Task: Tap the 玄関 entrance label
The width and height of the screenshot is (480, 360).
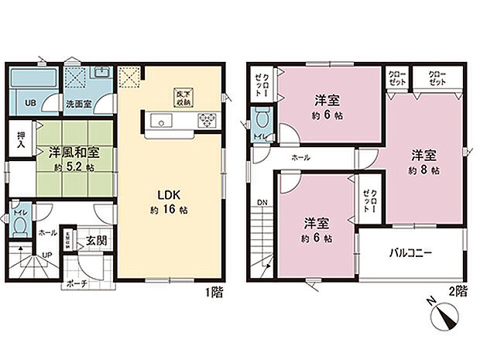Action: [x=96, y=240]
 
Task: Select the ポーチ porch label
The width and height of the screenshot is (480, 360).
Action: [x=77, y=283]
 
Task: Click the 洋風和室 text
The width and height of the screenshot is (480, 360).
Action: [x=74, y=152]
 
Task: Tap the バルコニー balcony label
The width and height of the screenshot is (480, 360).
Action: [x=411, y=254]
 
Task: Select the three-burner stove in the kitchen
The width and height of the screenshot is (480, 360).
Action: [x=207, y=118]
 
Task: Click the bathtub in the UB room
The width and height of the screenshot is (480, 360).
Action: [x=29, y=81]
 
